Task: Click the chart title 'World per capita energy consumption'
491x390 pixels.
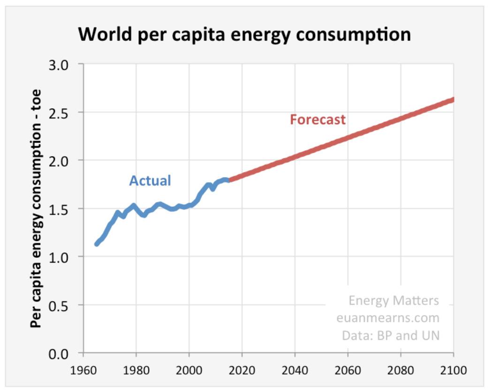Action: coord(244,34)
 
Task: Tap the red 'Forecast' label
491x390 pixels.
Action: coord(317,120)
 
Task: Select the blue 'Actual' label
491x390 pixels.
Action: coord(150,180)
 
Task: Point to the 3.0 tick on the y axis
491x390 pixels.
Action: coord(66,64)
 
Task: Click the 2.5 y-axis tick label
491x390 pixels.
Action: coord(66,112)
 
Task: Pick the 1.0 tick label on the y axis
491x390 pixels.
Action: coord(66,257)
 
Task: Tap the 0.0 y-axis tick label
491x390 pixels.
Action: coord(66,353)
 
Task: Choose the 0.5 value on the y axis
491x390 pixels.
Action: coord(66,305)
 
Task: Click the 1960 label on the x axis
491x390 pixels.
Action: coord(83,370)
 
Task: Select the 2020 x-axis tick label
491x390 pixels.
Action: coord(242,370)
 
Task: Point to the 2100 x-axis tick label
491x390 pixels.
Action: coord(453,370)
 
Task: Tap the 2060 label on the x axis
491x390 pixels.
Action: coord(347,370)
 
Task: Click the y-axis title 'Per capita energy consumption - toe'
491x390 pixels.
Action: coord(36,209)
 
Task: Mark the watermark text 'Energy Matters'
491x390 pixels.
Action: coord(393,300)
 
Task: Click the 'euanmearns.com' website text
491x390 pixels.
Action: coord(388,318)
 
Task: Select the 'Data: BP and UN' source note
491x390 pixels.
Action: coord(391,336)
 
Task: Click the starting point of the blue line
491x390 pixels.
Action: coord(97,244)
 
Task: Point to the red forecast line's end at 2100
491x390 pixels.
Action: coord(453,99)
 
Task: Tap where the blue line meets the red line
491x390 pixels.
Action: coord(229,180)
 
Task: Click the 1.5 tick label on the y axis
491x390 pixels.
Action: coord(66,209)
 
